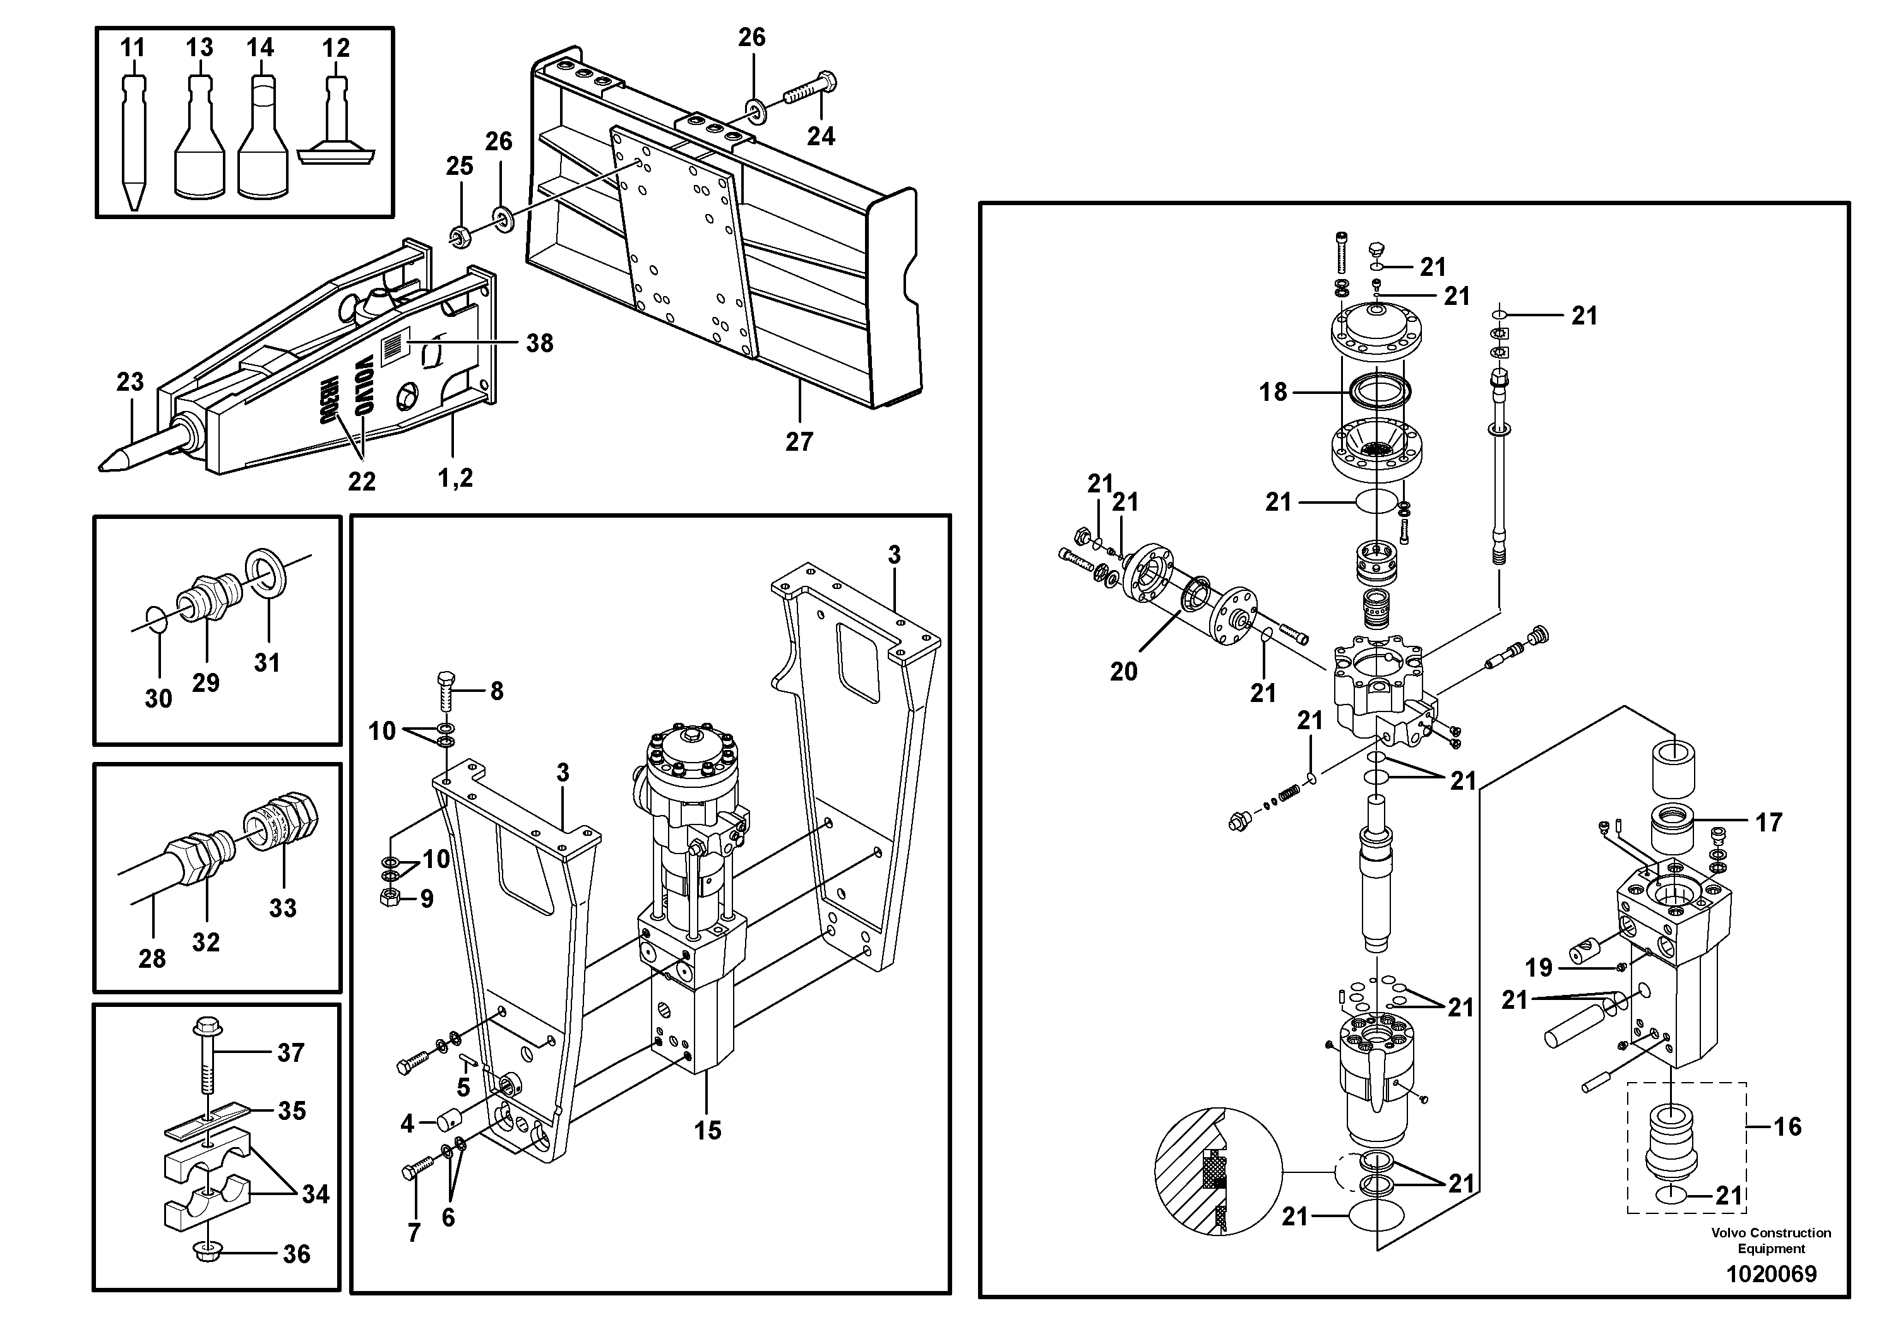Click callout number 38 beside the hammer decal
[x=539, y=343]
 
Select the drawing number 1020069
[x=1770, y=1274]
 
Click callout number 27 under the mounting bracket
[x=799, y=442]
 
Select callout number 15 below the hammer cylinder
[x=707, y=1131]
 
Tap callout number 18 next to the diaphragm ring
[x=1273, y=392]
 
